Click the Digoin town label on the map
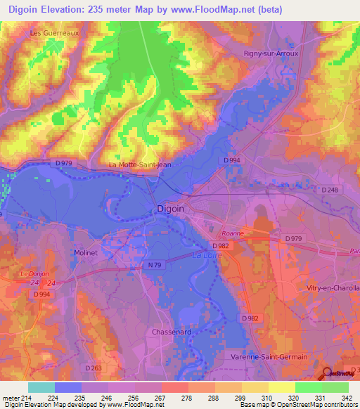(x=169, y=209)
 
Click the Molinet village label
(x=86, y=252)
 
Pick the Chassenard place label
(x=171, y=331)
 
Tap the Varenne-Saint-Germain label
(x=269, y=357)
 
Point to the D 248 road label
(x=329, y=190)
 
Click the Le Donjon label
(x=32, y=273)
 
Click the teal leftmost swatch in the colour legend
(x=41, y=387)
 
